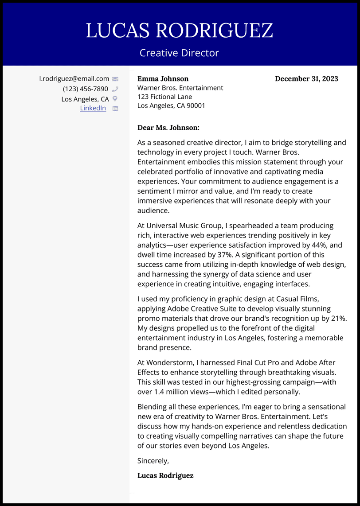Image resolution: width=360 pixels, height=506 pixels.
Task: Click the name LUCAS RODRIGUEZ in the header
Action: coord(179,31)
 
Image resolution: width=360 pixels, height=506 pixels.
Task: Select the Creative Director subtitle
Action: coord(179,53)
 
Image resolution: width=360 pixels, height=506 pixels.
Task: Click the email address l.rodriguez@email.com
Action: coord(74,79)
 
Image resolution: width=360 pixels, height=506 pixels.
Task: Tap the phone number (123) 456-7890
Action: coord(85,89)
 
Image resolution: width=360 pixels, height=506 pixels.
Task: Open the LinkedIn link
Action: coord(93,108)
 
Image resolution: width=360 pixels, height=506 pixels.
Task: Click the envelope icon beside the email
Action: coord(115,79)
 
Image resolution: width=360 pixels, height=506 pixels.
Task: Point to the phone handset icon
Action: coord(115,89)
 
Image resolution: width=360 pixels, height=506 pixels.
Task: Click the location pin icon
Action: coord(115,99)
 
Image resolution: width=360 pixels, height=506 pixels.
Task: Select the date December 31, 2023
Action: coord(306,79)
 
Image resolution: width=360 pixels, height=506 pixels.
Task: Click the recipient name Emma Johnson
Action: coord(163,79)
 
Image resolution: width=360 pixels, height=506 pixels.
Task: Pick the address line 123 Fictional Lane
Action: coord(164,97)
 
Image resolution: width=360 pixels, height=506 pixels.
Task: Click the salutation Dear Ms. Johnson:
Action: coord(168,128)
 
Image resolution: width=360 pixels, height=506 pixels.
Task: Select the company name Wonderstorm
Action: coord(168,362)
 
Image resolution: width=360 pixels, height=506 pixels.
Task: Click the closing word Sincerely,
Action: coord(153,461)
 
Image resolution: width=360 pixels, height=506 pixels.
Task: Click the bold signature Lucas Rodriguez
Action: coord(165,475)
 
